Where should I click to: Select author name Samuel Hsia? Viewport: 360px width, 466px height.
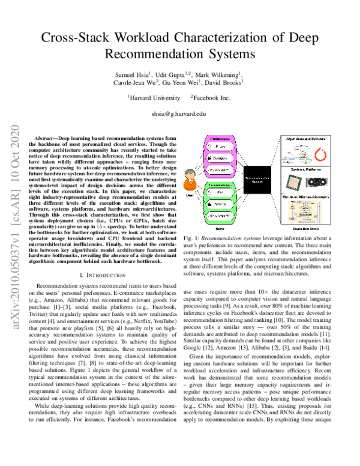click(130, 73)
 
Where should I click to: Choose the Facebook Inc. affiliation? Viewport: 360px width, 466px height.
click(211, 96)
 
